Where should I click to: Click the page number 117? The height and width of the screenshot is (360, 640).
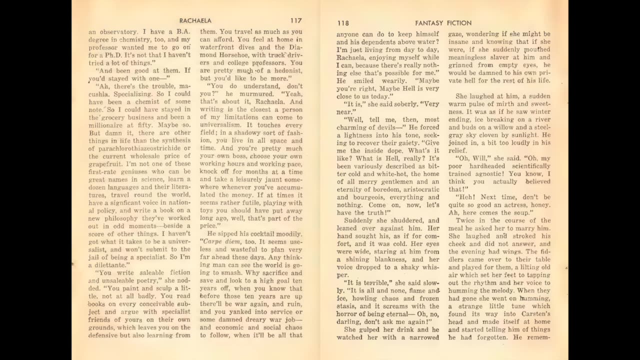[x=295, y=21]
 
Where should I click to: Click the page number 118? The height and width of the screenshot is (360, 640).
[x=342, y=22]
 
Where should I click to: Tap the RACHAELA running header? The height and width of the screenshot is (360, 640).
[x=195, y=21]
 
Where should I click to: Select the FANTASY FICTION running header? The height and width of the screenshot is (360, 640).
[x=443, y=22]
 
